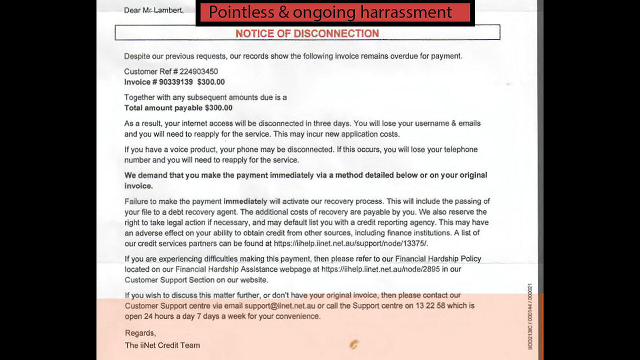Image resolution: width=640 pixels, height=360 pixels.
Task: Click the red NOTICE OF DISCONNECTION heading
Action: pyautogui.click(x=307, y=33)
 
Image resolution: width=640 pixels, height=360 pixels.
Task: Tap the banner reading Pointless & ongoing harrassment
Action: pyautogui.click(x=330, y=12)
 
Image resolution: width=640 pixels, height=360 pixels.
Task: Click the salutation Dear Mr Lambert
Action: pyautogui.click(x=153, y=10)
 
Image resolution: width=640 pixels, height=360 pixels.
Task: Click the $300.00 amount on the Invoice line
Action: pyautogui.click(x=211, y=82)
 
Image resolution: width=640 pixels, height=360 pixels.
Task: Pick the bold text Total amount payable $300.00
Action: pyautogui.click(x=178, y=108)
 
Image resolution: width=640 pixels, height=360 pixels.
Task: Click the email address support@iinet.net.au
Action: pyautogui.click(x=280, y=305)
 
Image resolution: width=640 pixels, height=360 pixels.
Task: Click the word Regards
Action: pyautogui.click(x=140, y=333)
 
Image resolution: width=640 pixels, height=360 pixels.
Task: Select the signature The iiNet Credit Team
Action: pyautogui.click(x=162, y=345)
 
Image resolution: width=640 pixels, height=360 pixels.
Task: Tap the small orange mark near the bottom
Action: pyautogui.click(x=354, y=344)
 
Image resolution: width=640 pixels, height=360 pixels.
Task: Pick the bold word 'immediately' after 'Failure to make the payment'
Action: pyautogui.click(x=245, y=201)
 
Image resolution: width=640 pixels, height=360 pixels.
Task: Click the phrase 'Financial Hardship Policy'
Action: pyautogui.click(x=438, y=259)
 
